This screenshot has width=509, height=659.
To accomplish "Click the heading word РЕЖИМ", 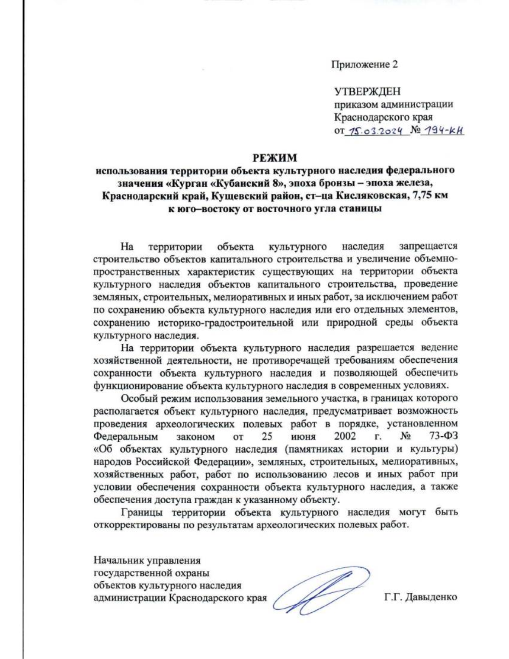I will [275, 158].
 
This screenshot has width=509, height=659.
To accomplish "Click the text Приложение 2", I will [364, 64].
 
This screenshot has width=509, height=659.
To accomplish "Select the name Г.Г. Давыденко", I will [420, 597].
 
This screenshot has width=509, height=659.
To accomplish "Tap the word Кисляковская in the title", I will [369, 196].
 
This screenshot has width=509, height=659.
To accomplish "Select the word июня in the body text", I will [303, 436].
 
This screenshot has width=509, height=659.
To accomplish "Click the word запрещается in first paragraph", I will [428, 246].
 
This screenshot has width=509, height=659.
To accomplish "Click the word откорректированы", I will [138, 525].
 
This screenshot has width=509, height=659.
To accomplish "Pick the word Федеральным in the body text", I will [126, 436].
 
